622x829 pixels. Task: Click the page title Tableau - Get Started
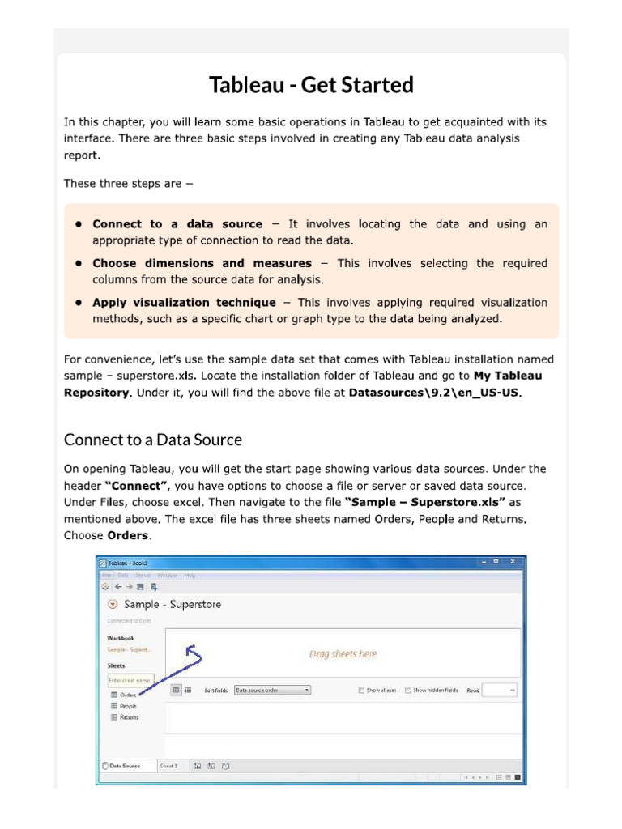tap(311, 85)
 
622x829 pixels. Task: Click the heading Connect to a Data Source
tap(153, 440)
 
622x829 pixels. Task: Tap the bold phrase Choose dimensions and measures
tap(202, 263)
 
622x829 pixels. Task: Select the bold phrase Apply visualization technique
tap(184, 303)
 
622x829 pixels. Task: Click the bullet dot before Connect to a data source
tap(79, 224)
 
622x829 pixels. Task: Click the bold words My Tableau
tap(508, 376)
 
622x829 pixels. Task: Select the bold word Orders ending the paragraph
tap(128, 536)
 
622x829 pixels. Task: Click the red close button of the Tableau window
tap(515, 562)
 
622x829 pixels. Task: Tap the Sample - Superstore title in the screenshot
tap(172, 604)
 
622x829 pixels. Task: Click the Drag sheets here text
tap(343, 654)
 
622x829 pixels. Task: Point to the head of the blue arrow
tap(190, 648)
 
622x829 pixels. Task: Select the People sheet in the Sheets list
tap(128, 706)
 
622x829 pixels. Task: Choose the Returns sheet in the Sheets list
tap(129, 717)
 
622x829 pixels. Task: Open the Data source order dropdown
tap(272, 691)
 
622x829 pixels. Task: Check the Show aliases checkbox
tap(361, 691)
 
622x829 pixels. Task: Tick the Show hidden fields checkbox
tap(408, 691)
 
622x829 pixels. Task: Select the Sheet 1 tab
tap(168, 765)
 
